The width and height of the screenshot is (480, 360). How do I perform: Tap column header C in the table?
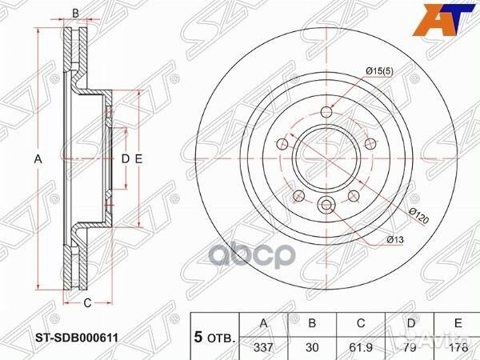tap(361, 323)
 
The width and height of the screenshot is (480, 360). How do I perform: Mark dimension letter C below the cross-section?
tap(87, 302)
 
